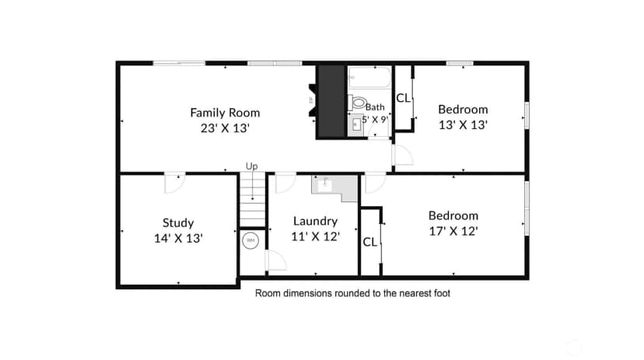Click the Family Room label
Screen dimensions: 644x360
coord(225,113)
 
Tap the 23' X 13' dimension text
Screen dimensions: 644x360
coord(225,128)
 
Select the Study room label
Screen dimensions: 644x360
coord(178,223)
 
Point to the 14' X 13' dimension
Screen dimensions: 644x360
coord(178,238)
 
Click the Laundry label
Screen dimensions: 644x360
coord(316,222)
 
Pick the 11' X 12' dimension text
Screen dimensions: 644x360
coord(316,236)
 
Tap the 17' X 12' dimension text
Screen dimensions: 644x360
coord(453,231)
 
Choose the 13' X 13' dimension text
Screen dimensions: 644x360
coord(463,124)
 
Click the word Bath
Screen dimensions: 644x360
coord(375,107)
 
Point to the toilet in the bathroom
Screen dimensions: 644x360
coord(357,102)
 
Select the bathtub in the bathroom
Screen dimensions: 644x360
coord(369,77)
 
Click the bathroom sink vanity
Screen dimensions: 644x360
coord(355,125)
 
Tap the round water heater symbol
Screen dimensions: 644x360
coord(250,240)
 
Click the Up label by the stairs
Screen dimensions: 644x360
coord(252,166)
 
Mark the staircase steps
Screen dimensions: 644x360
coord(252,200)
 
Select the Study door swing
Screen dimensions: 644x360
coord(175,183)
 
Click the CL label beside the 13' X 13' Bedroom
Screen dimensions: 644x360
coord(403,98)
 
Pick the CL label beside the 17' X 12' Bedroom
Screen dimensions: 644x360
coord(369,242)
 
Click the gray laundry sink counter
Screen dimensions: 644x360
coord(334,187)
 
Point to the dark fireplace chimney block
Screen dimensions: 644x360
coord(331,102)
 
